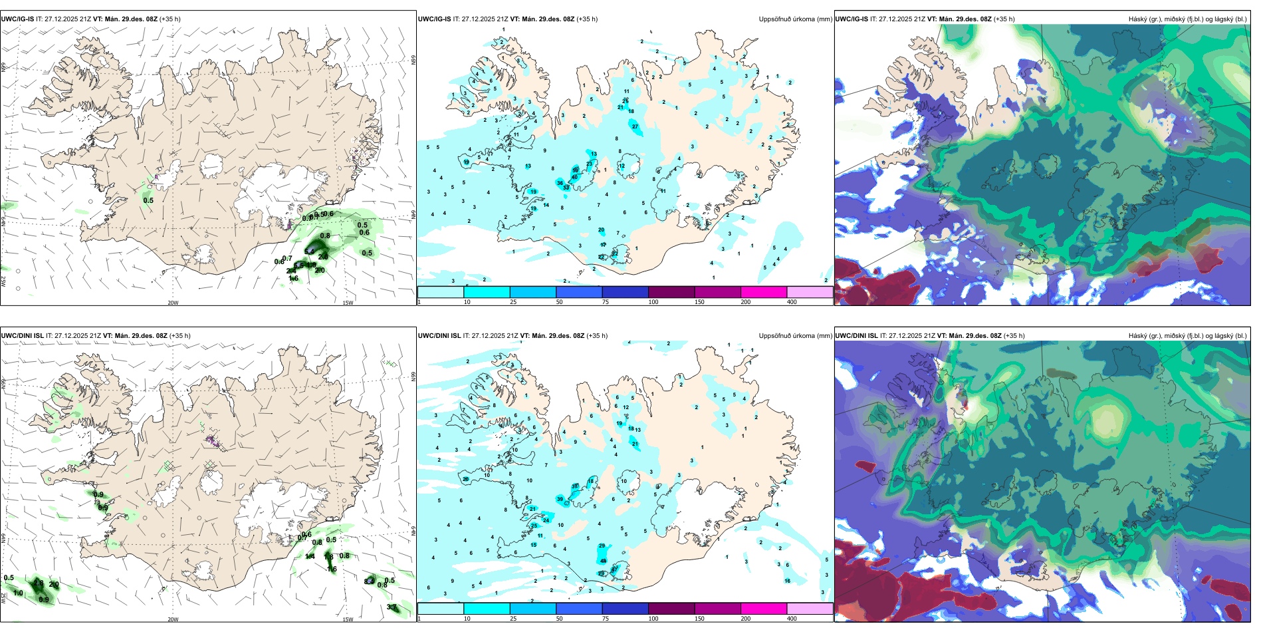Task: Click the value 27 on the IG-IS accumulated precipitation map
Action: [x=635, y=126]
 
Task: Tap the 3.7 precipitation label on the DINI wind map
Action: [x=392, y=607]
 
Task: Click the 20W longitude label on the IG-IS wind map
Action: [x=173, y=303]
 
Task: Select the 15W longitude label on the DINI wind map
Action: [x=348, y=619]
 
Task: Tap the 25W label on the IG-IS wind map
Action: [x=3, y=281]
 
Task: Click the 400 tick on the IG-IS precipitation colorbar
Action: [x=792, y=302]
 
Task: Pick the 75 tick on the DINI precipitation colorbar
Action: [x=606, y=619]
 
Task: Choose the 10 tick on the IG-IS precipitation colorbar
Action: [x=467, y=302]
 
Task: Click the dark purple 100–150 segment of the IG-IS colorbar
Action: [x=671, y=292]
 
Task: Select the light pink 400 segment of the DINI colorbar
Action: [x=810, y=609]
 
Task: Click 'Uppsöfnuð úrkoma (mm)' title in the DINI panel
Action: [x=795, y=336]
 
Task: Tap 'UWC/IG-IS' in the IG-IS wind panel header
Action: [x=17, y=19]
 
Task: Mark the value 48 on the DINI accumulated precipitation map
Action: [x=603, y=561]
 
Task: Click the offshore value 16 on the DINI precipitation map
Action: [x=787, y=581]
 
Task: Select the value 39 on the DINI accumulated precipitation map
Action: [x=560, y=499]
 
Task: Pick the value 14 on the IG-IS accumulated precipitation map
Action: [x=546, y=205]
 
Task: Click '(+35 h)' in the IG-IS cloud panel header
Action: [x=1004, y=19]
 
